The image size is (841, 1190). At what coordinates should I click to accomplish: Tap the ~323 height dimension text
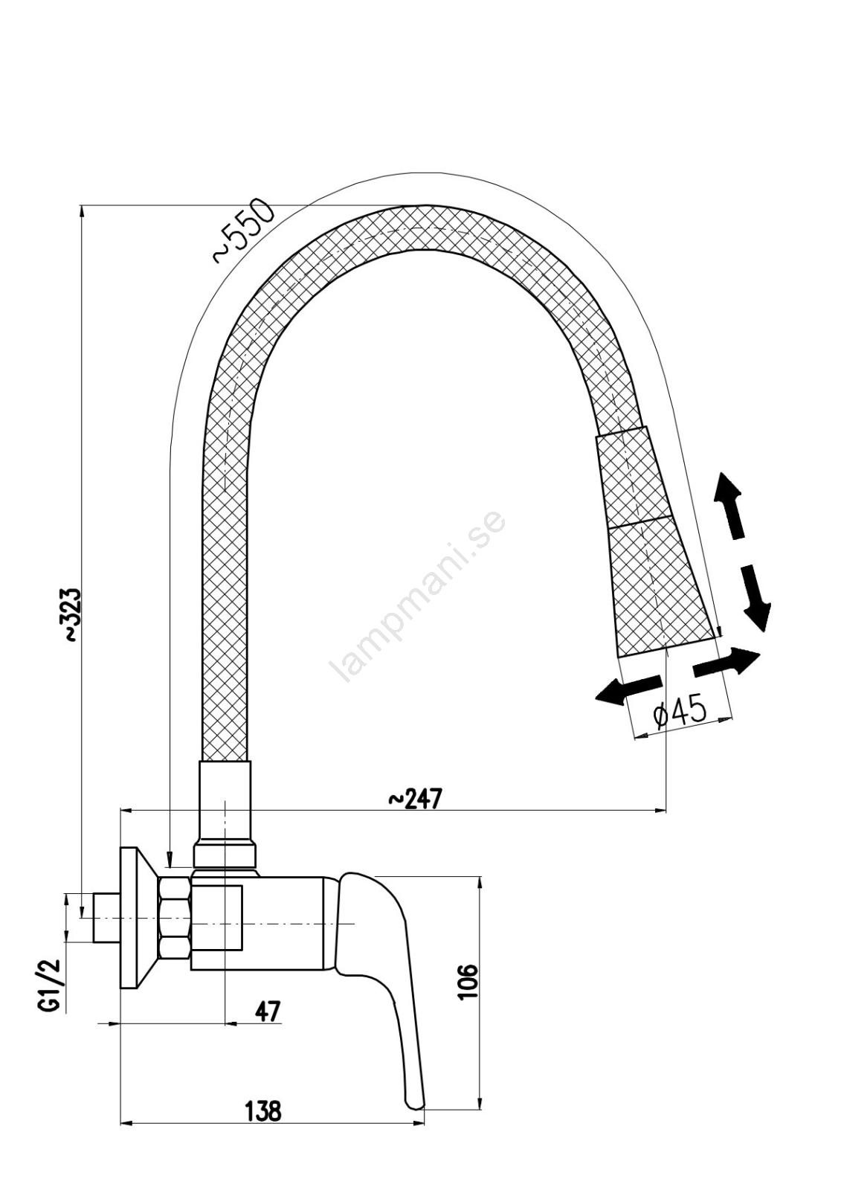[72, 614]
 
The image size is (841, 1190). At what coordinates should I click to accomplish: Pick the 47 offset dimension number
[267, 1011]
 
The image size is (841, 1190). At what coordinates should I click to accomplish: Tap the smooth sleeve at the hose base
[225, 814]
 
